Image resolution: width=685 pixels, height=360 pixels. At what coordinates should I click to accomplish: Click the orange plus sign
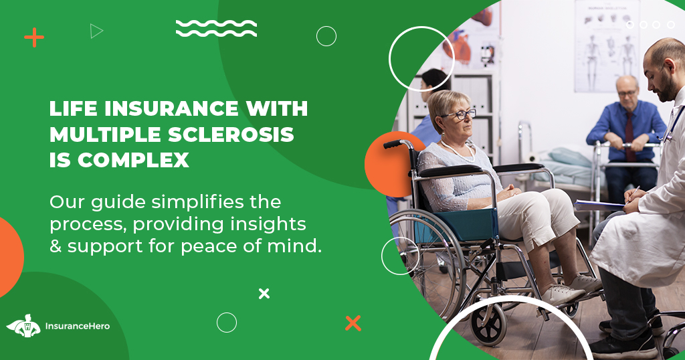click(34, 37)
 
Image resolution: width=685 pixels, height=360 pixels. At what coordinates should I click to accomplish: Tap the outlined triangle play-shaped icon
click(97, 31)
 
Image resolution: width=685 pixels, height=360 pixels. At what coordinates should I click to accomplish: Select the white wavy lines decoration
click(216, 28)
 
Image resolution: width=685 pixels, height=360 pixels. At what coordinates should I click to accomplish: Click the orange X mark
click(353, 323)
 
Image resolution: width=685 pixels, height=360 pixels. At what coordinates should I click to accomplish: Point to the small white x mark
click(264, 293)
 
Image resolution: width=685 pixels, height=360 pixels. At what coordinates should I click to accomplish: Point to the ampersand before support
click(56, 246)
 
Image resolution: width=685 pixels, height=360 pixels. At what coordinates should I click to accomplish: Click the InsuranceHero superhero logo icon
click(23, 326)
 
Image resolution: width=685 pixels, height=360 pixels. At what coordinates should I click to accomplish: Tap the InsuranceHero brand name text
click(77, 327)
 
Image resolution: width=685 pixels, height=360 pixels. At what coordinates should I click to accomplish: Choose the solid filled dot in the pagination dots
click(629, 25)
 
